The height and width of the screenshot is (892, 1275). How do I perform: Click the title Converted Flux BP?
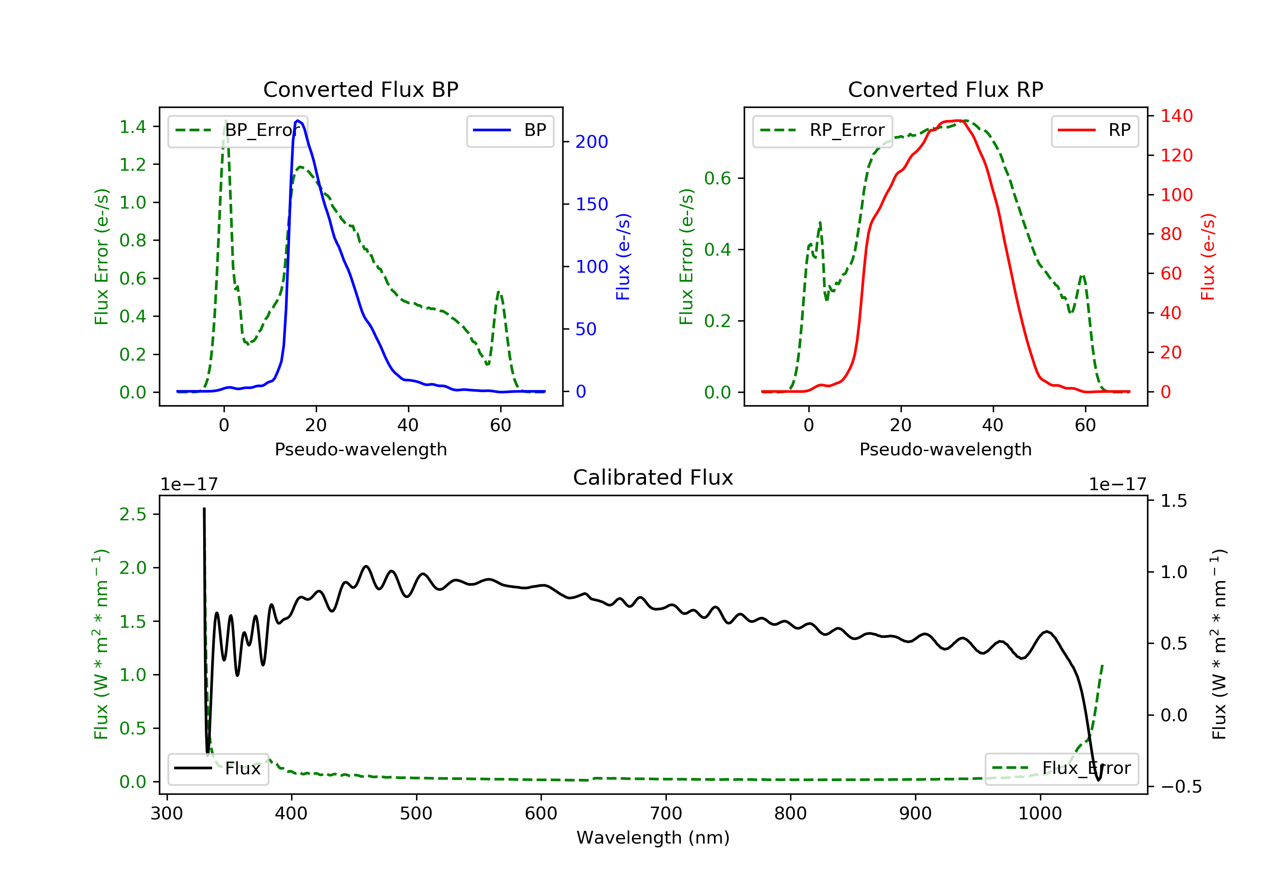pos(360,89)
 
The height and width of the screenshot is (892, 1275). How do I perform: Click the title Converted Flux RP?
pos(945,89)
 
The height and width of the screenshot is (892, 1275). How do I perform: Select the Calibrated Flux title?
pos(653,477)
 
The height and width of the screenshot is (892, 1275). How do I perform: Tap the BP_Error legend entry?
pos(238,130)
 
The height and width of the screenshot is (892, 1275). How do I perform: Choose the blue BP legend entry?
pos(510,130)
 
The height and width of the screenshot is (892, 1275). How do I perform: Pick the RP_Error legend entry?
pos(822,130)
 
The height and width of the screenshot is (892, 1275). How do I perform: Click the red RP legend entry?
pos(1094,130)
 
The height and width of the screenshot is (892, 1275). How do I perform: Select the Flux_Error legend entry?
pos(1061,768)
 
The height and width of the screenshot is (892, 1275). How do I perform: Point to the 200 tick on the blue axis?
pos(592,142)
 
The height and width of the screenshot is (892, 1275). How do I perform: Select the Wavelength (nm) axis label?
pos(653,838)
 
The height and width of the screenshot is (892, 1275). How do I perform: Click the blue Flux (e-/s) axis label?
pos(623,257)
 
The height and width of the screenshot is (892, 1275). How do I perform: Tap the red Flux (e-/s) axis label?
pos(1208,257)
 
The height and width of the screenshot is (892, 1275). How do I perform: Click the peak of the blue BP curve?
pos(298,121)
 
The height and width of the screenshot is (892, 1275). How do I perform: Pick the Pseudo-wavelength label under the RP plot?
pos(945,449)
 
